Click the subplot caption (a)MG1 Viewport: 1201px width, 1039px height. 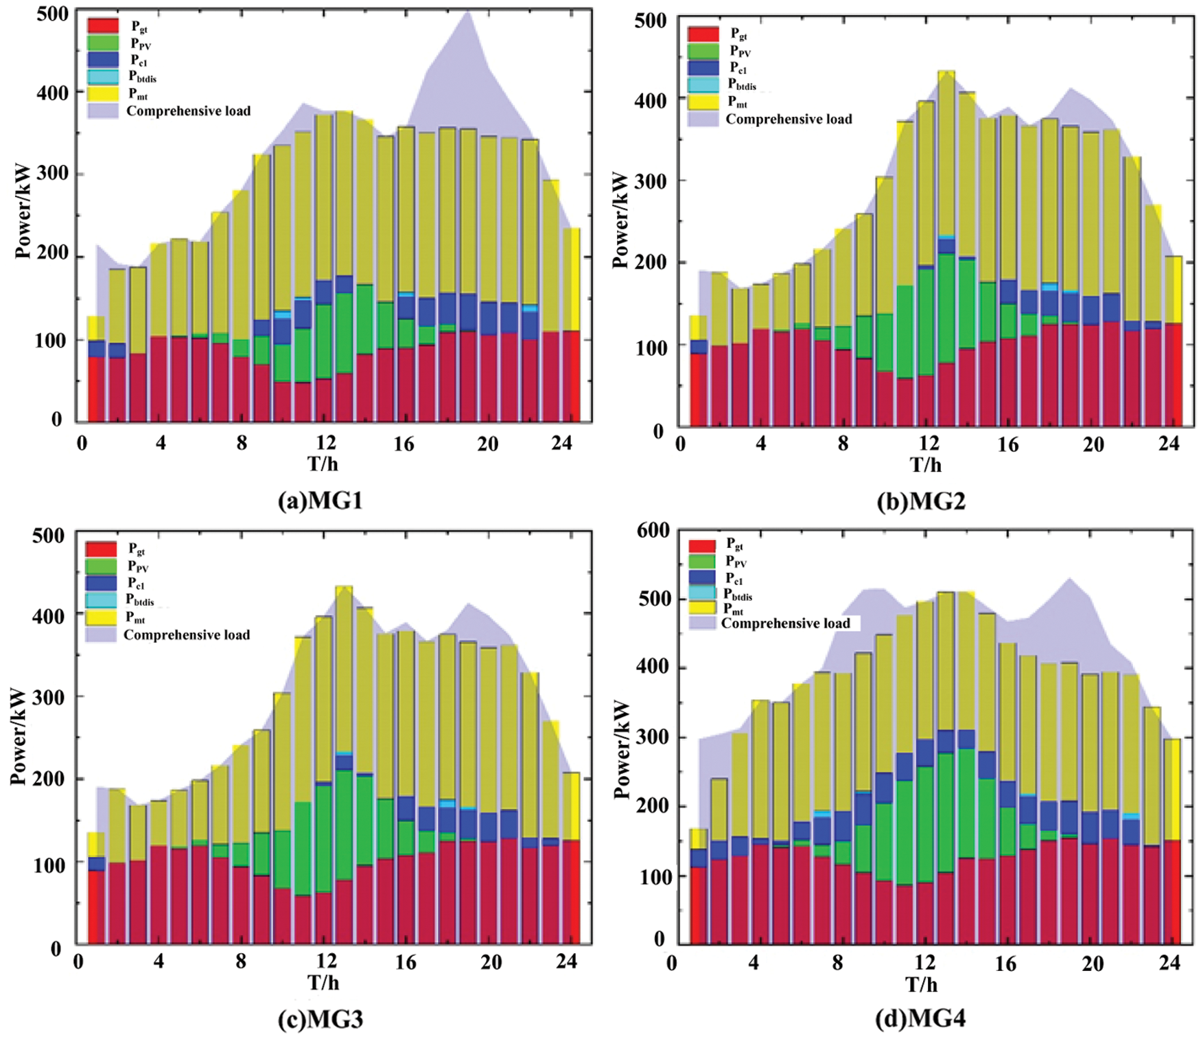coord(320,501)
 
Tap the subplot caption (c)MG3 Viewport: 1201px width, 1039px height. coord(320,1020)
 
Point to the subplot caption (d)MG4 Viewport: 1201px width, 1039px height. coord(920,1018)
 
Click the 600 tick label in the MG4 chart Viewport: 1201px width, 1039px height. coord(653,530)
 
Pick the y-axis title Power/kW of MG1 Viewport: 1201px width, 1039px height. coord(23,210)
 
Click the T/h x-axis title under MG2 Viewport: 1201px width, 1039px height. coord(925,466)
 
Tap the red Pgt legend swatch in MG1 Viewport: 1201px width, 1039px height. coord(103,26)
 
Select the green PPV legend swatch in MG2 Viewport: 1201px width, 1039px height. coord(703,50)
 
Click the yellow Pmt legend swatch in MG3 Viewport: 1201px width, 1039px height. coord(102,617)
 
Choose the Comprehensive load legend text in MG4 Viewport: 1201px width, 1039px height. coord(785,624)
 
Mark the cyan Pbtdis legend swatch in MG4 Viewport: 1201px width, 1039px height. coord(702,593)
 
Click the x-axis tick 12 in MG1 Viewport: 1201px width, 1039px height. coord(325,443)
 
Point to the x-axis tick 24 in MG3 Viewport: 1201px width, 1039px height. coord(566,961)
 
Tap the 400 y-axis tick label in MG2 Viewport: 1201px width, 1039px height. coord(650,101)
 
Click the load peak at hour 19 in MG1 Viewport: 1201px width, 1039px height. coord(467,12)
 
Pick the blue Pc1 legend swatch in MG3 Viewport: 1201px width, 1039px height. coord(102,583)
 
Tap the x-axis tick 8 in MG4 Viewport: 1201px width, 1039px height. coord(837,963)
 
